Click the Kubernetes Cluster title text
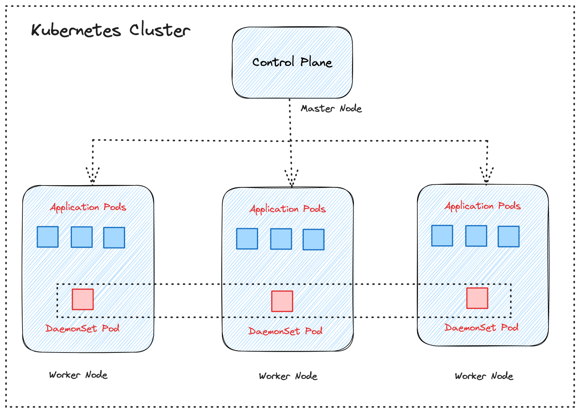coord(111,30)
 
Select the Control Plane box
coord(292,62)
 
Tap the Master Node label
coord(331,108)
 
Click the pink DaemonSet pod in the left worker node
coord(83,300)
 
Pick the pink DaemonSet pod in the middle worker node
coord(282,301)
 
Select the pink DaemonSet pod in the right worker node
coord(477,298)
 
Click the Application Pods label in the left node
coord(88,207)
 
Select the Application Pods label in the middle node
coord(287,209)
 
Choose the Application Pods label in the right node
coord(482,206)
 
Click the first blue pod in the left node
coord(48,237)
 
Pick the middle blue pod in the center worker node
coord(281,239)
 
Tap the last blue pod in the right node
coord(508,236)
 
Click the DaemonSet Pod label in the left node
coord(82,328)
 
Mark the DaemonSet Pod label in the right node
coord(481,328)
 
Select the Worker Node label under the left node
coord(78,375)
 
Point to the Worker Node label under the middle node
coord(288,376)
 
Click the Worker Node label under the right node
coord(484,376)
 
